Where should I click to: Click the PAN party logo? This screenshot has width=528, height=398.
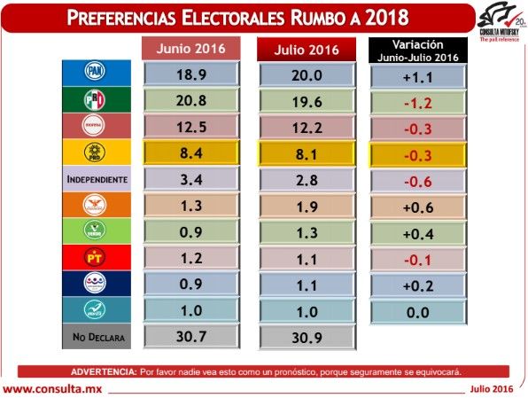(94, 71)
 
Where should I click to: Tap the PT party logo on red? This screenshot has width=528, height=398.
(94, 256)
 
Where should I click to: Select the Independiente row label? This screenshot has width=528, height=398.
(97, 179)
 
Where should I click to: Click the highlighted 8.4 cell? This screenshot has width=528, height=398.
(191, 154)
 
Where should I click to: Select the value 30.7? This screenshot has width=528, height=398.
(191, 336)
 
